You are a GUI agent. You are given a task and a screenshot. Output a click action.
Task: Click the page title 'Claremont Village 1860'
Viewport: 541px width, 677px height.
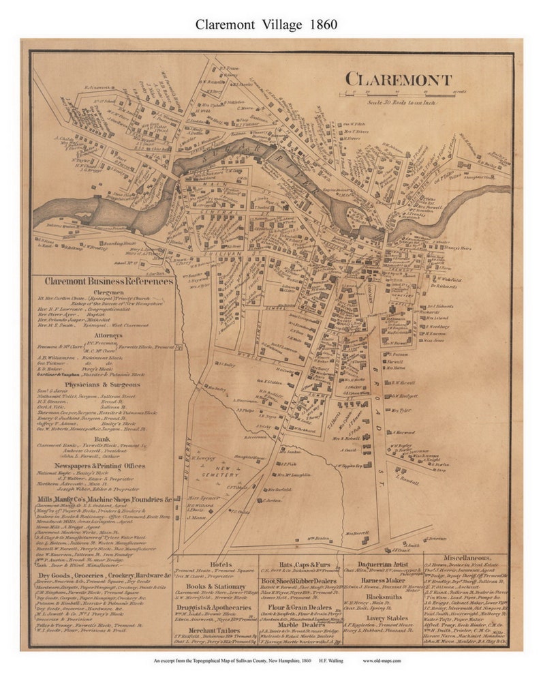[266, 24]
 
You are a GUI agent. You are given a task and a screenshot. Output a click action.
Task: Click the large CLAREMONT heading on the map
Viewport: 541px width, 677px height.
[398, 79]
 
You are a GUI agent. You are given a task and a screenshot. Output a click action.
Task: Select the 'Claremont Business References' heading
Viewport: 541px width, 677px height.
[109, 281]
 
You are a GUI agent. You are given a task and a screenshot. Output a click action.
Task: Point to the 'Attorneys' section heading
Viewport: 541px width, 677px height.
[108, 335]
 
